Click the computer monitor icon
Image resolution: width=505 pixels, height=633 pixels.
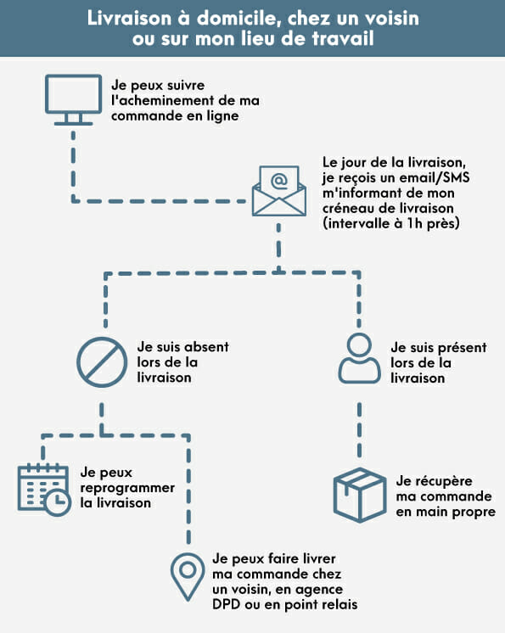click(73, 99)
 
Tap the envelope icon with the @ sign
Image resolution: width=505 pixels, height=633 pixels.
click(279, 191)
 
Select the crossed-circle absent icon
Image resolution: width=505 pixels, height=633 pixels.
click(102, 362)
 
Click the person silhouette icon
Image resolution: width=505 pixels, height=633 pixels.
click(359, 358)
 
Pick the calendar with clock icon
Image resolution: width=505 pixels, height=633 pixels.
click(44, 490)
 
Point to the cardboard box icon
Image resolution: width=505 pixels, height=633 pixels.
click(360, 495)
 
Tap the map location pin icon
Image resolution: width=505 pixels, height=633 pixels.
click(188, 577)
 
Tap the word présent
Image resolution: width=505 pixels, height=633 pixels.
click(463, 348)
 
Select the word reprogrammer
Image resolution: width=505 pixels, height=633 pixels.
click(127, 488)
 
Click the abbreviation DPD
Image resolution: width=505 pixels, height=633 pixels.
click(226, 604)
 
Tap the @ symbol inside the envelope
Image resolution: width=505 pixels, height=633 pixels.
click(279, 181)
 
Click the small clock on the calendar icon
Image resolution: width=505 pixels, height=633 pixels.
click(58, 501)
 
